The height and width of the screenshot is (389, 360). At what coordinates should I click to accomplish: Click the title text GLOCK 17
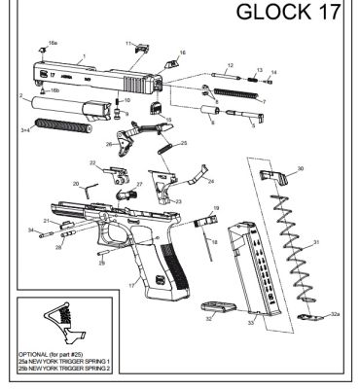[291, 16]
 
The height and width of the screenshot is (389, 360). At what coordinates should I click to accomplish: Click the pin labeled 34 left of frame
[45, 231]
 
